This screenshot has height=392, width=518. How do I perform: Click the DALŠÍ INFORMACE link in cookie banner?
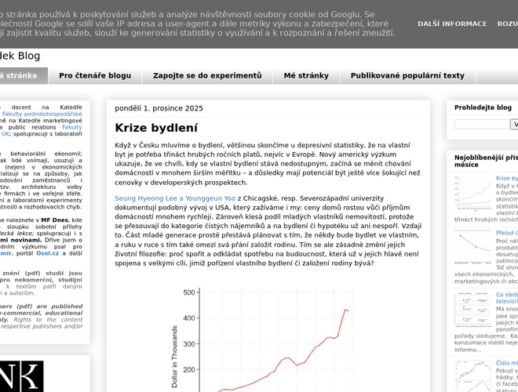pyautogui.click(x=452, y=24)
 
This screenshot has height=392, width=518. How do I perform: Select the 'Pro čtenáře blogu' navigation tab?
pyautogui.click(x=95, y=76)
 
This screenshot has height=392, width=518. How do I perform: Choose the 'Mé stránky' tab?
pyautogui.click(x=306, y=76)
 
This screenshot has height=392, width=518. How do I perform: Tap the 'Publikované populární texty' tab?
pyautogui.click(x=407, y=76)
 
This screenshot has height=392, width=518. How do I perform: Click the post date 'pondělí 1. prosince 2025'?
pyautogui.click(x=159, y=108)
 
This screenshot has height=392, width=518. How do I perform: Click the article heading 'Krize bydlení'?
pyautogui.click(x=156, y=128)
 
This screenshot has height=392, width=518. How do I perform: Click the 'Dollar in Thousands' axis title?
pyautogui.click(x=174, y=357)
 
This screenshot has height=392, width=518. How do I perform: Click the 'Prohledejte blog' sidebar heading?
pyautogui.click(x=483, y=107)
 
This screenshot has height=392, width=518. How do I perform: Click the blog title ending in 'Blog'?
pyautogui.click(x=20, y=56)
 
